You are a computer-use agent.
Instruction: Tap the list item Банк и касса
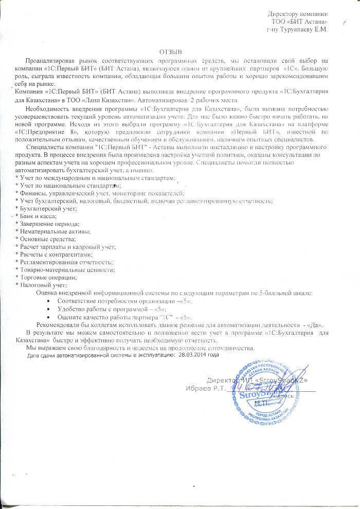click(38, 217)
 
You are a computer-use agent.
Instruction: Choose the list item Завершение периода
click(48, 225)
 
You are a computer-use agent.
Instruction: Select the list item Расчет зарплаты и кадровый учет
click(66, 248)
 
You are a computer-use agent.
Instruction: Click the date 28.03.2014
click(192, 354)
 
